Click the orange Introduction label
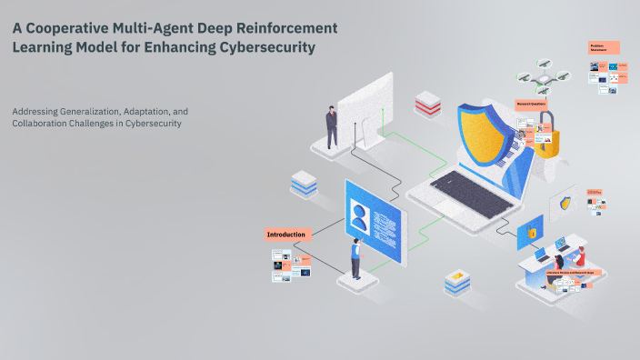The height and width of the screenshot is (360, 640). [287, 235]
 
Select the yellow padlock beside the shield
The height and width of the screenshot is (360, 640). [545, 141]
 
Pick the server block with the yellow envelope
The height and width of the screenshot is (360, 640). [457, 281]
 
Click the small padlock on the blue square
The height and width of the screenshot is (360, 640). [531, 234]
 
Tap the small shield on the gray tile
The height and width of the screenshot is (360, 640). [567, 203]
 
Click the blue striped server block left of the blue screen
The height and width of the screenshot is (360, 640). [304, 184]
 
